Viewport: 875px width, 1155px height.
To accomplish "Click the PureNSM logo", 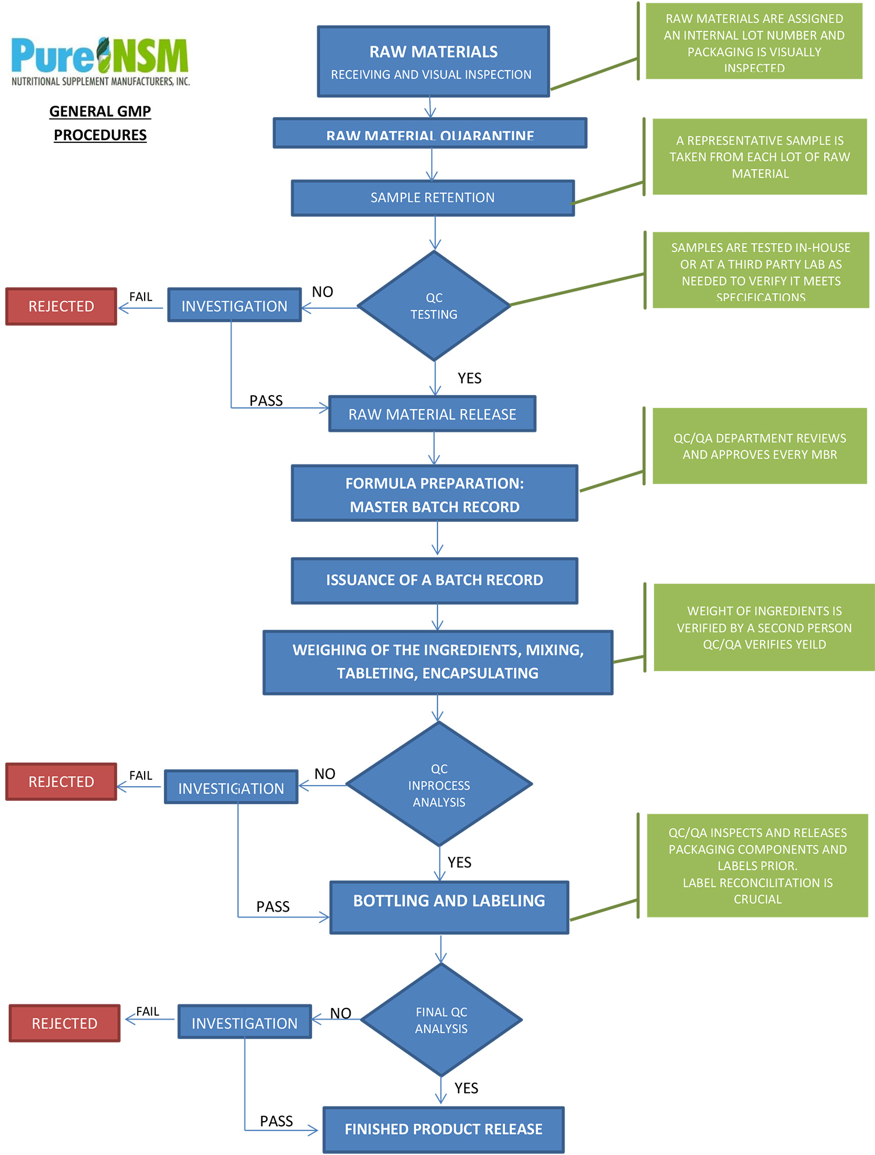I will [x=100, y=61].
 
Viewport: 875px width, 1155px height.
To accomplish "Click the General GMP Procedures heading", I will [x=100, y=123].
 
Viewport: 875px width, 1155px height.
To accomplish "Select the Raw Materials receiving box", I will [x=433, y=61].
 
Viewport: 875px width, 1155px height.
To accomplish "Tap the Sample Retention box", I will [x=432, y=198].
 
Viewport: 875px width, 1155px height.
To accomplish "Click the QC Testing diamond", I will [x=434, y=306].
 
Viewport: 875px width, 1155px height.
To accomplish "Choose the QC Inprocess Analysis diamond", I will [x=439, y=785].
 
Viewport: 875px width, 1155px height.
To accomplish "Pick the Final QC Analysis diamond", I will [x=441, y=1020].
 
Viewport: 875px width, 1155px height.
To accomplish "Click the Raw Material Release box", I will [x=432, y=414].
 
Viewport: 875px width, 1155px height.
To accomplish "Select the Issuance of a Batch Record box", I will [x=434, y=580].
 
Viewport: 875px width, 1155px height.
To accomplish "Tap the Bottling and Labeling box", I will [x=449, y=907].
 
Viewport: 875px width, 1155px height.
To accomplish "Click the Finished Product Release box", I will [x=443, y=1129].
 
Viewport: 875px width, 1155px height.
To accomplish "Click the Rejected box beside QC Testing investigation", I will [x=61, y=306].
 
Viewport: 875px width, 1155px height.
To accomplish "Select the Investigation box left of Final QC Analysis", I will [x=244, y=1023].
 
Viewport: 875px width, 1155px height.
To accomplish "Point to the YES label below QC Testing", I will [x=470, y=378].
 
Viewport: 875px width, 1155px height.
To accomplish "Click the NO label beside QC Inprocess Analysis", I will [x=325, y=774].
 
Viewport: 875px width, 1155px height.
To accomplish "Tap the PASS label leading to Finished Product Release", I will [x=276, y=1121].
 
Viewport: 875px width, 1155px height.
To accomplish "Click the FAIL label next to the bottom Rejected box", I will [x=148, y=1011].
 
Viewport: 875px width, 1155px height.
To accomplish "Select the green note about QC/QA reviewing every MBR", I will [x=759, y=446].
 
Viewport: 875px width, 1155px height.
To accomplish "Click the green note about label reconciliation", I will [x=757, y=866].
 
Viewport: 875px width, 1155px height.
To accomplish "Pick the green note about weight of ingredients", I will [x=764, y=627].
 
